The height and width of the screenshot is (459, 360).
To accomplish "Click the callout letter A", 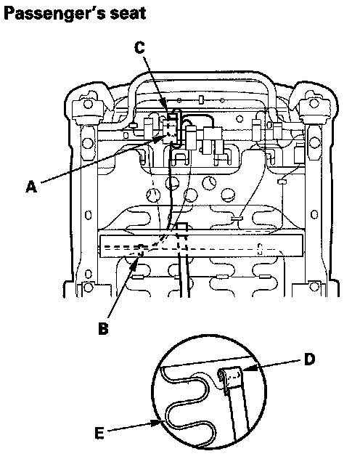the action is [x=32, y=187].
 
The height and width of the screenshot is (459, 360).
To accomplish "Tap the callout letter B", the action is [x=103, y=328].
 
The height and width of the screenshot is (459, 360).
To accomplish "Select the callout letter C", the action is [x=140, y=48].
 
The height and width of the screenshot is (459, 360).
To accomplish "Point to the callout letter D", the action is [x=309, y=360].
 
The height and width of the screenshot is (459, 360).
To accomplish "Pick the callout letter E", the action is [x=99, y=433].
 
